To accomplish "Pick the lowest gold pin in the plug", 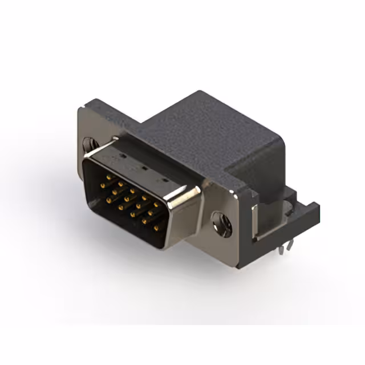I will [x=156, y=228].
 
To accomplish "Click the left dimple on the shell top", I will [x=121, y=156].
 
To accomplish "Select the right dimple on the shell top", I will [x=165, y=181].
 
